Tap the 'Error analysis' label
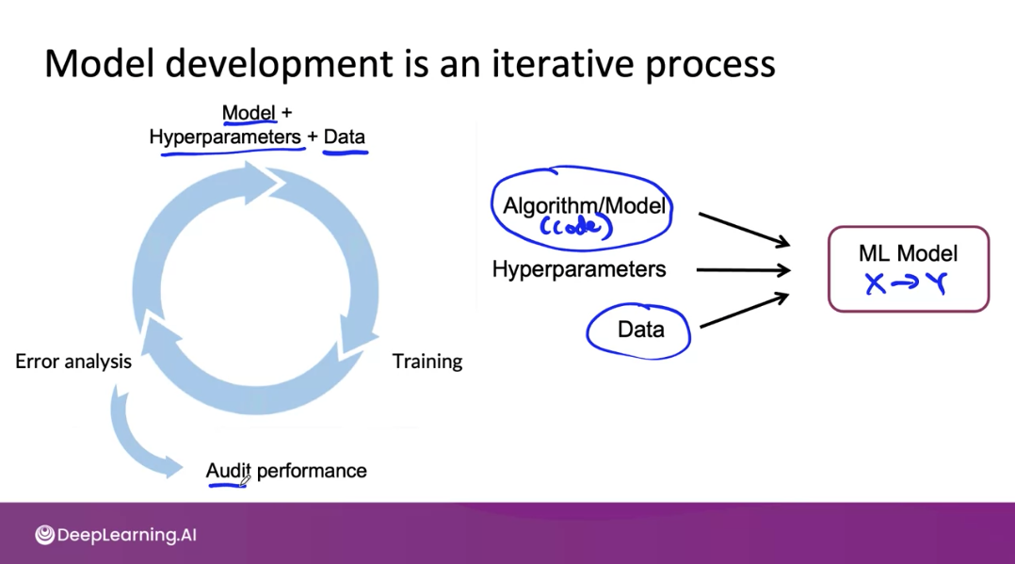[x=73, y=362]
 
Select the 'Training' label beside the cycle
[x=427, y=362]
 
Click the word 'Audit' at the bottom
[x=228, y=471]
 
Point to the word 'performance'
[x=312, y=471]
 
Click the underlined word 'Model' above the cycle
[x=249, y=113]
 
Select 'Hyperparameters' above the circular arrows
[x=225, y=137]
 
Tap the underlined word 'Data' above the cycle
[x=345, y=137]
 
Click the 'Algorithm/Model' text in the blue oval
[x=584, y=206]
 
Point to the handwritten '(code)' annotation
[x=576, y=226]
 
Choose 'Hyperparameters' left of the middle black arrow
[x=579, y=268]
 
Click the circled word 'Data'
[x=641, y=330]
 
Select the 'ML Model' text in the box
[x=909, y=253]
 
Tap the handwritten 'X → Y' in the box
[x=906, y=283]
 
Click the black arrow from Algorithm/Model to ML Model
[x=744, y=229]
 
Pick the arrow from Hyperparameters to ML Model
[x=743, y=269]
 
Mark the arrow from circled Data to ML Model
[x=745, y=310]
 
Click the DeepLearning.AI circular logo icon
[x=44, y=535]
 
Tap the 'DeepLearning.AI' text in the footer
[x=127, y=535]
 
